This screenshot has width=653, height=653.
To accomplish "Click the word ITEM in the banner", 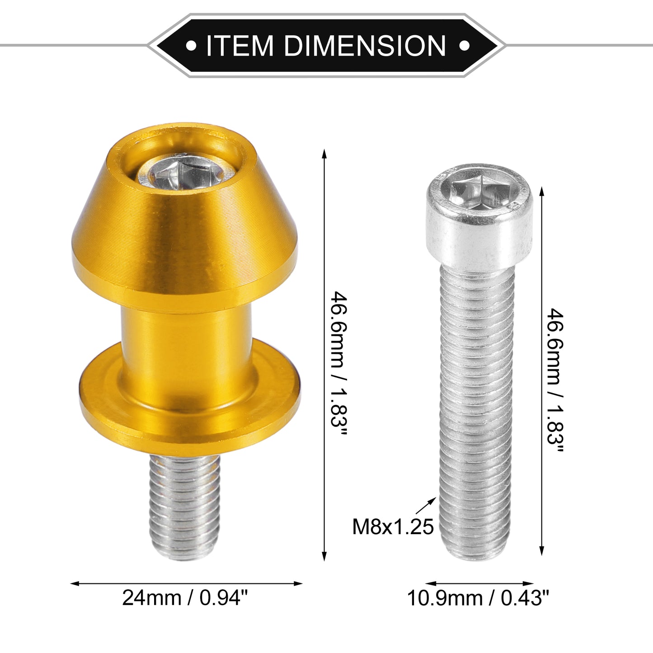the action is coord(240,46).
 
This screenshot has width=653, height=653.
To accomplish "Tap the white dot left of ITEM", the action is coord(191,46).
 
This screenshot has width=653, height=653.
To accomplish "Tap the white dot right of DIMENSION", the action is coord(464,46).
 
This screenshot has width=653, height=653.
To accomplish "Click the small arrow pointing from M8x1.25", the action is coord(426,506).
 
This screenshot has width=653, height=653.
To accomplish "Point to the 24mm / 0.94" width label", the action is coord(185,598).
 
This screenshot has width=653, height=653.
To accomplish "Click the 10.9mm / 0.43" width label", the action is coord(478,598).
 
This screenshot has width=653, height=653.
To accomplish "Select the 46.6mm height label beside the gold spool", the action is coord(338,364).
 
